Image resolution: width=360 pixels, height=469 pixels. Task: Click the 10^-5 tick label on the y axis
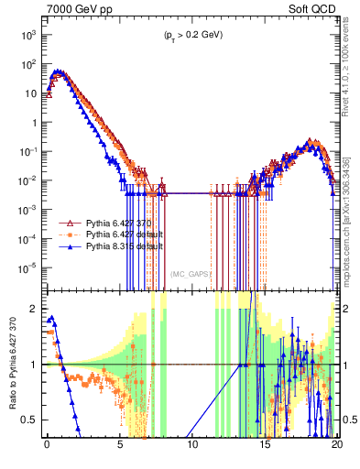[x=27, y=268]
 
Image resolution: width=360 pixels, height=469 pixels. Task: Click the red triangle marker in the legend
[x=67, y=223]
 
